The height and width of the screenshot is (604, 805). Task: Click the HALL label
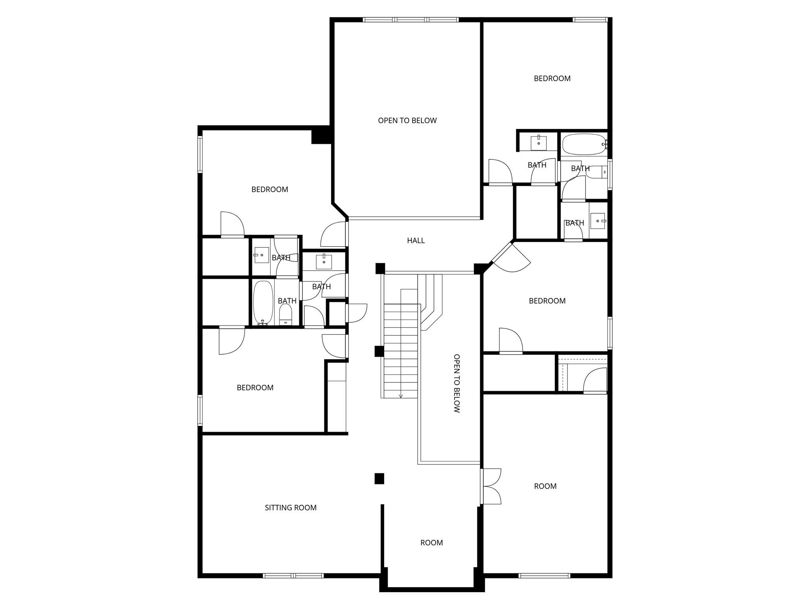pyautogui.click(x=416, y=240)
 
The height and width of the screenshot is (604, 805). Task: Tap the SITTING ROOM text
pyautogui.click(x=291, y=508)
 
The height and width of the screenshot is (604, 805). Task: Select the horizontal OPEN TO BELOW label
pyautogui.click(x=407, y=120)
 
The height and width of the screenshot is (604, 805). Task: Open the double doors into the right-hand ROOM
pyautogui.click(x=492, y=486)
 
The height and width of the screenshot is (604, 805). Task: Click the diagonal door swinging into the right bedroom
pyautogui.click(x=511, y=258)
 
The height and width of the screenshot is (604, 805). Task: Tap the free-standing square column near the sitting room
pyautogui.click(x=379, y=478)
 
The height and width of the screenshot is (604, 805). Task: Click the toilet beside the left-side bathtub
pyautogui.click(x=286, y=315)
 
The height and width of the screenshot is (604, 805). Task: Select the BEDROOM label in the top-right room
pyautogui.click(x=552, y=78)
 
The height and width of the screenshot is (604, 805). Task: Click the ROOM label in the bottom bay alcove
pyautogui.click(x=431, y=543)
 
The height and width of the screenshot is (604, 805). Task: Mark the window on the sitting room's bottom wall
pyautogui.click(x=293, y=576)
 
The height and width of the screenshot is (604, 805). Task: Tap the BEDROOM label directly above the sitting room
pyautogui.click(x=255, y=388)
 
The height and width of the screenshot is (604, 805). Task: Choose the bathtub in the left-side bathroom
pyautogui.click(x=263, y=302)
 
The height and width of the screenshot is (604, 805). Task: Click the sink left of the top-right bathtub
pyautogui.click(x=538, y=143)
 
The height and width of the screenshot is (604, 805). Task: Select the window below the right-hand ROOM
pyautogui.click(x=544, y=576)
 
